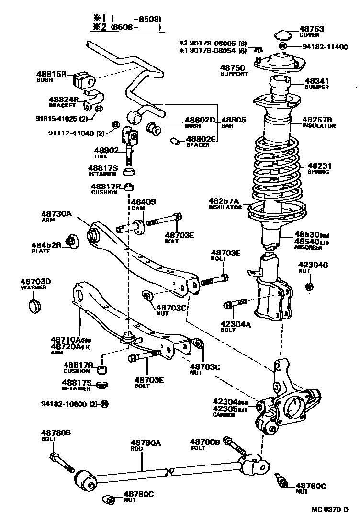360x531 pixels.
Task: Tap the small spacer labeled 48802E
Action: click(175, 141)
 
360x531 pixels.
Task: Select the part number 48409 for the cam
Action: click(144, 202)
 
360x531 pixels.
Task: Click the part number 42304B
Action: click(313, 265)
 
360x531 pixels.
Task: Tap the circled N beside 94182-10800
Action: click(104, 404)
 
